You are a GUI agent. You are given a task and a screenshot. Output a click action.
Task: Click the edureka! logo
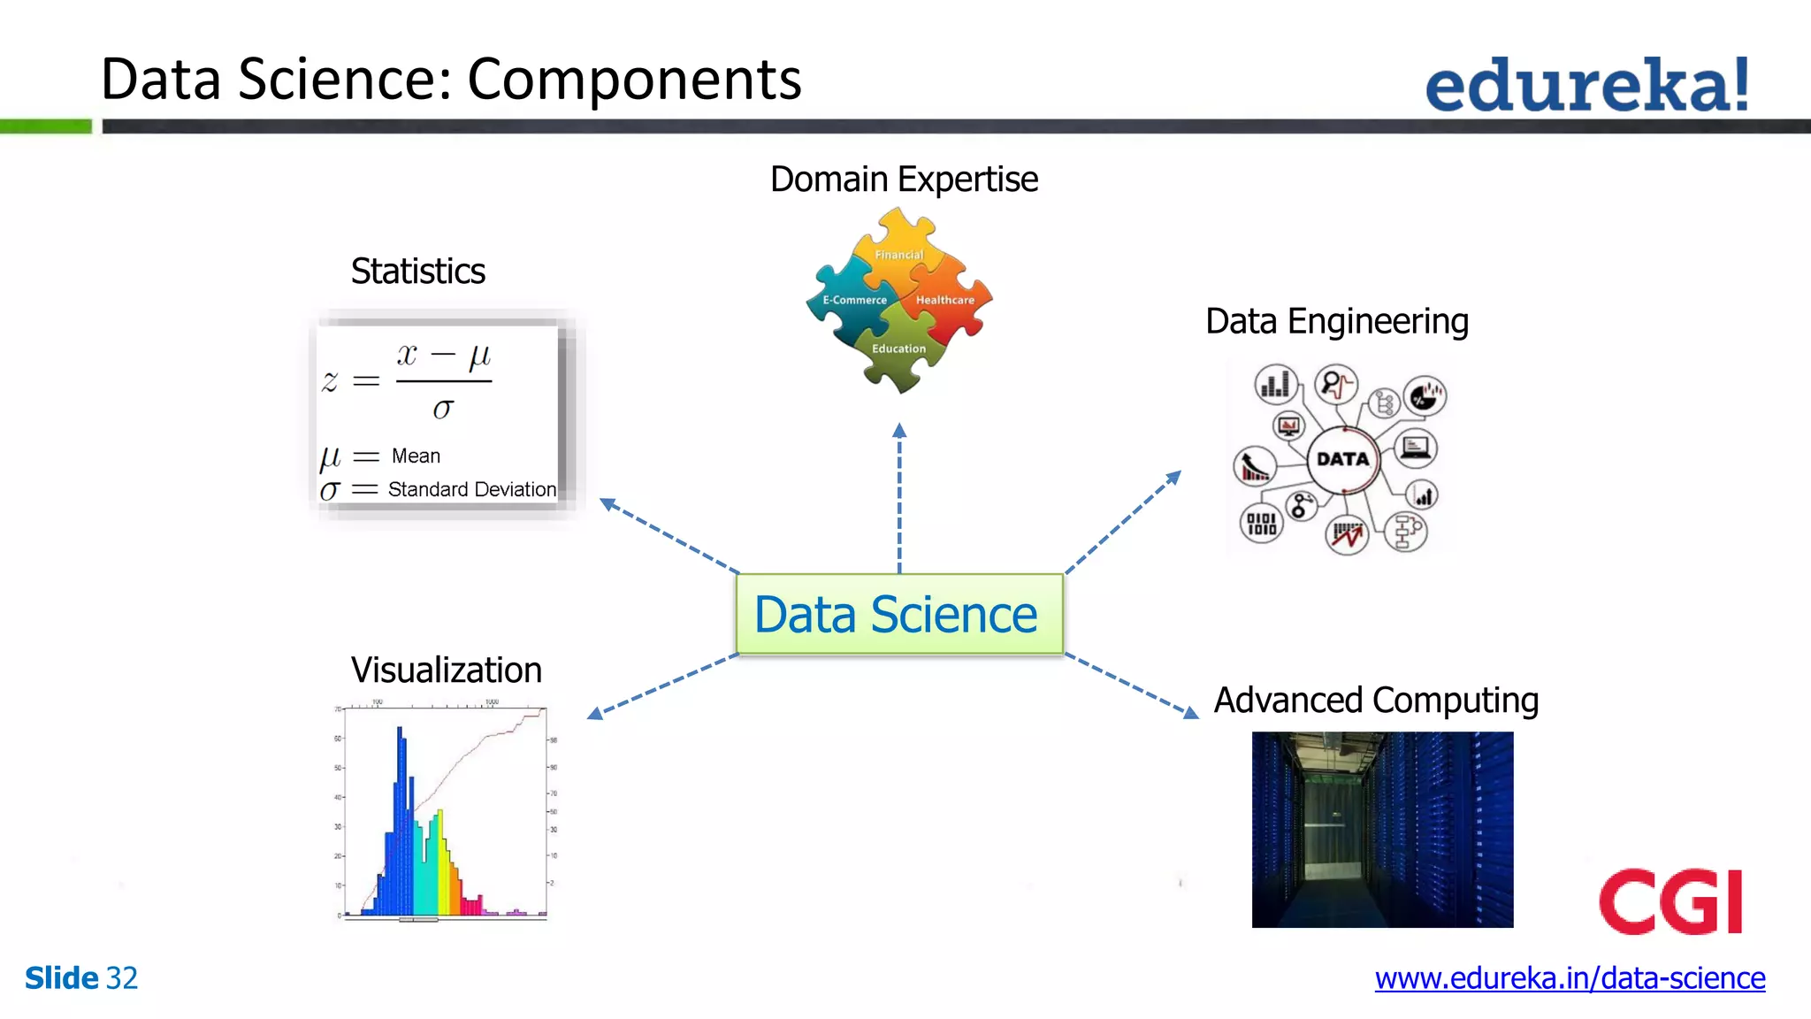coord(1587,85)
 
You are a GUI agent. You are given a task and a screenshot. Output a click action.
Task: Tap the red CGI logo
coord(1670,902)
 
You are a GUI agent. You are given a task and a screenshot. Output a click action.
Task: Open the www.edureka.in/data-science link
coord(1570,978)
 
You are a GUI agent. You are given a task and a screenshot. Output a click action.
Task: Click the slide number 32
coord(121,978)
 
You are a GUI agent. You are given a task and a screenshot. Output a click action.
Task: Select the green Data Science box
coord(899,615)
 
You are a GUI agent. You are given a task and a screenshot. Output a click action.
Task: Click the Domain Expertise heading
coord(904,180)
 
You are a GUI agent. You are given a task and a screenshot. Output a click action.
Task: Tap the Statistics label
coord(417,272)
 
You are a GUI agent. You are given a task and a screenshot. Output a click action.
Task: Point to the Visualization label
coord(446,670)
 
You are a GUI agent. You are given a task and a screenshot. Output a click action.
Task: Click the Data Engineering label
coord(1336,322)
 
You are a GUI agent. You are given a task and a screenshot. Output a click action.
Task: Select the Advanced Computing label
coord(1376,701)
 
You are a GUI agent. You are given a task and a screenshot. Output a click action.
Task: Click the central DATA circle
coord(1342,459)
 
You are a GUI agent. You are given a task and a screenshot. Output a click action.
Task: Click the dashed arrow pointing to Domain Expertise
coord(899,500)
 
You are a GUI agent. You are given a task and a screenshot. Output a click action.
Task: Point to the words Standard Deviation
coord(472,490)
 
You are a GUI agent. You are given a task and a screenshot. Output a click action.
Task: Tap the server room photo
coord(1382,830)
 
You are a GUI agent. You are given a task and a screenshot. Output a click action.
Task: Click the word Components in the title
coord(634,80)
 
